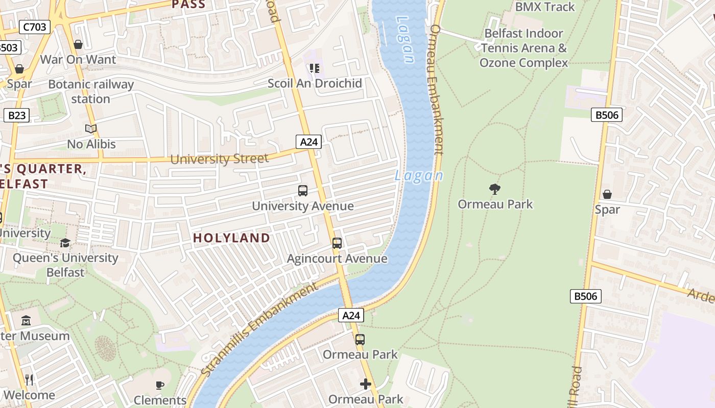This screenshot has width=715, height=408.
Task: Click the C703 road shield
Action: point(35,27)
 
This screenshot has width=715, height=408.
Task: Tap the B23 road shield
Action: point(17,115)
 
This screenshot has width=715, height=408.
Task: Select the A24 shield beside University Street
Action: point(309,142)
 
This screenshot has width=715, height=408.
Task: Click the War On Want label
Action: point(78,59)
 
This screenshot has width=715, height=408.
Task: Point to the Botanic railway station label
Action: point(91,91)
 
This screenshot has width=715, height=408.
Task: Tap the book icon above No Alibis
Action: point(91,129)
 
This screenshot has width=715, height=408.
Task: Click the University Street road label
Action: point(219,159)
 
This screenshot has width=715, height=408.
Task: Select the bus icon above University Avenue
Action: point(303,191)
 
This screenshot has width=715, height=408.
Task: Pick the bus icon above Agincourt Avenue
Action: point(337,243)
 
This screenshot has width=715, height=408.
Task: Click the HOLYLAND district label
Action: point(231,238)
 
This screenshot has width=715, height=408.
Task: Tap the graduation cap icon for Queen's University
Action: point(65,243)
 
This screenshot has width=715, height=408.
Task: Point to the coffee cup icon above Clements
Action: point(160,385)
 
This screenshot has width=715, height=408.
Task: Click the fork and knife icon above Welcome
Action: point(29,379)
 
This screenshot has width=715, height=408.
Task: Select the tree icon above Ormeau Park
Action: point(494,189)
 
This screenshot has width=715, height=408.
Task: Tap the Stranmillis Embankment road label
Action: point(259,330)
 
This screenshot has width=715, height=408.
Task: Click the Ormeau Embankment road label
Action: point(437,89)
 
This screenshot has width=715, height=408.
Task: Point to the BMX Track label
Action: point(545,7)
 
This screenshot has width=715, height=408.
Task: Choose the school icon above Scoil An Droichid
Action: point(314,68)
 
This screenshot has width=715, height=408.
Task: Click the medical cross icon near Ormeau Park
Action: point(366,384)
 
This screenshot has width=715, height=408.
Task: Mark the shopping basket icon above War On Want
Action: point(78,44)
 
